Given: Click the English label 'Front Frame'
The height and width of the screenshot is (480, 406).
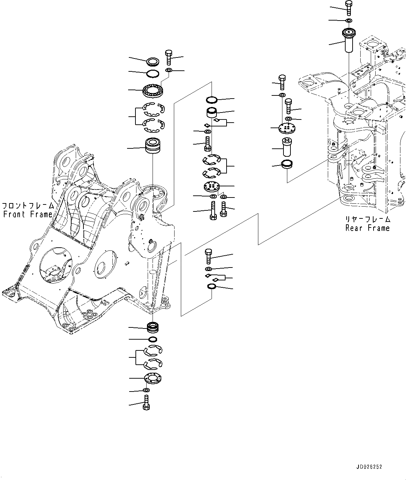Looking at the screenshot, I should tap(28, 215).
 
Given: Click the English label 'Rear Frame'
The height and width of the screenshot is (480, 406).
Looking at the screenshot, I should tap(367, 228).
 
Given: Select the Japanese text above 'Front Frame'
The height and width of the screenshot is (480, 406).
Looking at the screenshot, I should tap(28, 206).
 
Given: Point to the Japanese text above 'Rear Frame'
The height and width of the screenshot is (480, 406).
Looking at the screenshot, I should tap(368, 219).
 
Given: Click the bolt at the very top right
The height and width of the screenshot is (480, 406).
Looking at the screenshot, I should tap(348, 8).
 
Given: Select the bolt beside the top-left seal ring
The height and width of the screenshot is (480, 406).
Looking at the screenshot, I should tap(168, 57).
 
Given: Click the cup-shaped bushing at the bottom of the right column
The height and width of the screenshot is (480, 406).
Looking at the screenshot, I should tap(287, 164).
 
